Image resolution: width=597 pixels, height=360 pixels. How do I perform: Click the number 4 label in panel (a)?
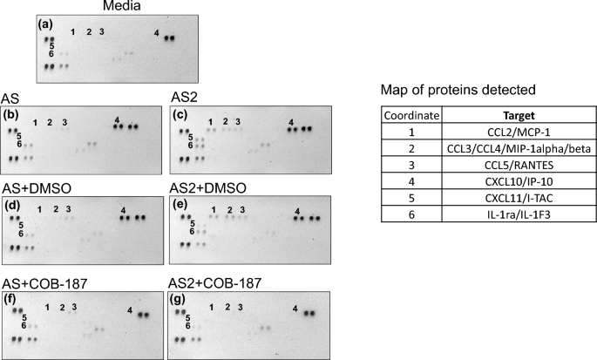click(x=156, y=33)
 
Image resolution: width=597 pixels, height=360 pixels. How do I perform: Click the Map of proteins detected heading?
click(x=445, y=90)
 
